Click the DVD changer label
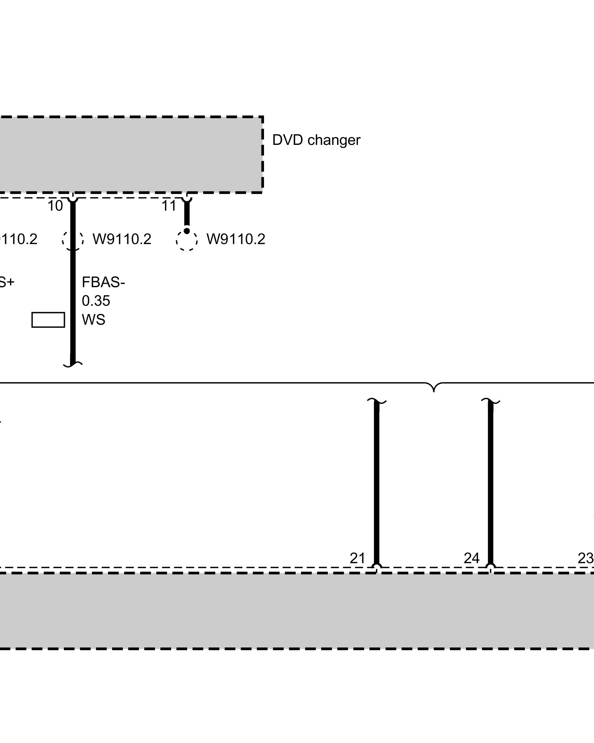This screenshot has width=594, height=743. click(x=316, y=140)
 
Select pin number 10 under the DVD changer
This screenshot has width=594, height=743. click(x=55, y=206)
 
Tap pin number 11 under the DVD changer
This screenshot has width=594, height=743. click(x=169, y=206)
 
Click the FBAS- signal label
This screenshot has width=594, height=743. click(x=103, y=283)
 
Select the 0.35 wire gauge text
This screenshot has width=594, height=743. click(x=96, y=301)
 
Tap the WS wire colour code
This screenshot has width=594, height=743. click(x=94, y=319)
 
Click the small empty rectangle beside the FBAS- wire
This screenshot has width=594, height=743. click(x=48, y=320)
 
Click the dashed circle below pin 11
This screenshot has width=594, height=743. click(x=187, y=241)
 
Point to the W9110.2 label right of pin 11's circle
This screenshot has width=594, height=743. click(x=236, y=239)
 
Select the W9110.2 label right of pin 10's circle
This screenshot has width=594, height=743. click(x=122, y=239)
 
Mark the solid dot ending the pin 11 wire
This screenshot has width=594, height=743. click(x=187, y=231)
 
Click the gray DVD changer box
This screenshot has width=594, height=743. click(x=130, y=155)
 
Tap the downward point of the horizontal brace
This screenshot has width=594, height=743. click(x=434, y=391)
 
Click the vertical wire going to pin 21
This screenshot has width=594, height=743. click(x=376, y=483)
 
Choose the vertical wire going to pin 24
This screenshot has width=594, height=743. click(x=490, y=483)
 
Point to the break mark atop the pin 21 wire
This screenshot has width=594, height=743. click(x=376, y=402)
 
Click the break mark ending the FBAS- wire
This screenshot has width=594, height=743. click(x=73, y=364)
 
